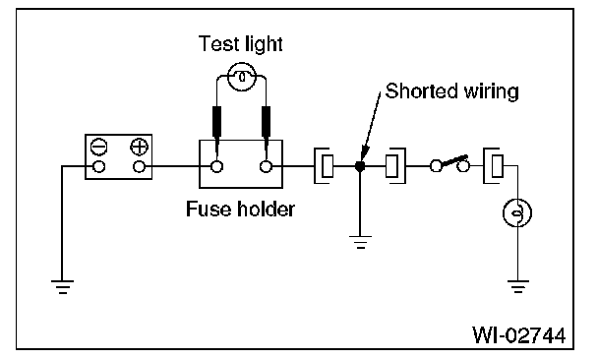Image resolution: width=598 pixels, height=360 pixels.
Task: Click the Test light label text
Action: pyautogui.click(x=241, y=44)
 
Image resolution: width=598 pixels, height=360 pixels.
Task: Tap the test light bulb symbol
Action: pyautogui.click(x=242, y=77)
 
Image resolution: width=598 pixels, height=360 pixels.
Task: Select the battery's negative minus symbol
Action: pyautogui.click(x=99, y=147)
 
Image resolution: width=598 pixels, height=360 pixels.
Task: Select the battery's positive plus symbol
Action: pyautogui.click(x=140, y=147)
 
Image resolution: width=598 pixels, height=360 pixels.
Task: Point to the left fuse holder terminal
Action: pyautogui.click(x=217, y=166)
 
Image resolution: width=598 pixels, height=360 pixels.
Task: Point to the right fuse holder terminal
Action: pyautogui.click(x=266, y=166)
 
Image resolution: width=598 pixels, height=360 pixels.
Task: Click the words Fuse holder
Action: pyautogui.click(x=240, y=209)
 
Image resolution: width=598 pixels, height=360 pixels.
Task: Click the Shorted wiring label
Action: pyautogui.click(x=451, y=91)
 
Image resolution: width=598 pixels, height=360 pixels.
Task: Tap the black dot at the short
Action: pyautogui.click(x=360, y=166)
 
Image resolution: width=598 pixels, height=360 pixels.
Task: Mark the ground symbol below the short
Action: pyautogui.click(x=360, y=242)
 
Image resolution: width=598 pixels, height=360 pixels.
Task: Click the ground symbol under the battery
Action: pyautogui.click(x=63, y=287)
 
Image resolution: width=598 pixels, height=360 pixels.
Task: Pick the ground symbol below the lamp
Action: pyautogui.click(x=518, y=287)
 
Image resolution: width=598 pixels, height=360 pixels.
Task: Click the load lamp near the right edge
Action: pyautogui.click(x=517, y=212)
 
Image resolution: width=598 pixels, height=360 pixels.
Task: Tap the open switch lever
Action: pyautogui.click(x=453, y=161)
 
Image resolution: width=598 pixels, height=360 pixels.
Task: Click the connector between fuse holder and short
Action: pyautogui.click(x=324, y=166)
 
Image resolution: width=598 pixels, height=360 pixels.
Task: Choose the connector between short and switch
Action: pyautogui.click(x=395, y=166)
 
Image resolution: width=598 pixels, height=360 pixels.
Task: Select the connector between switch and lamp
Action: pyautogui.click(x=493, y=166)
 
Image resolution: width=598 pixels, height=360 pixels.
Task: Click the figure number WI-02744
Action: pyautogui.click(x=519, y=335)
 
